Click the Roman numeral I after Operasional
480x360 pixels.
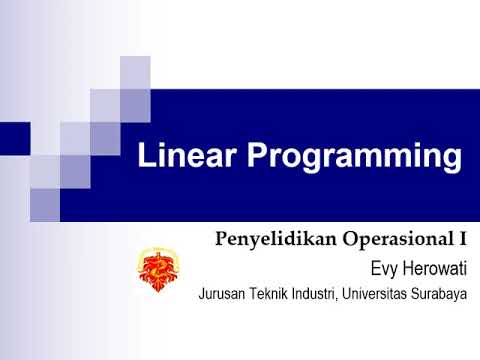point(465,240)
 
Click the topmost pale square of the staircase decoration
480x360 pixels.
point(135,72)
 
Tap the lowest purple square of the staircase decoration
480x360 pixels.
point(45,204)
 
